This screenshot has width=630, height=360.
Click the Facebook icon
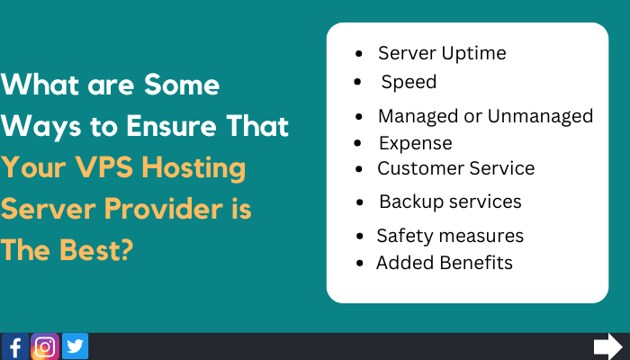point(15,346)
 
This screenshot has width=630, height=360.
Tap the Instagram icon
point(45,346)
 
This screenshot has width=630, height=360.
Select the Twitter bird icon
point(75,346)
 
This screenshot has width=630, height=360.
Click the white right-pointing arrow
point(608,346)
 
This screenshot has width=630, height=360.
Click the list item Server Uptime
point(442,53)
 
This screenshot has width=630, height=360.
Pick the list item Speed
point(409,82)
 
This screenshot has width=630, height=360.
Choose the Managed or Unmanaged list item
point(485,116)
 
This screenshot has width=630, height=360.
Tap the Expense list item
point(415,143)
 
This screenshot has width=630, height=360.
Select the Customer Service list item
point(456,168)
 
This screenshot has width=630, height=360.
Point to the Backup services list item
point(450,202)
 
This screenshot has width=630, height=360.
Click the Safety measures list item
point(450,236)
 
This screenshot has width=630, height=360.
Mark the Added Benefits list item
point(445,263)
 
